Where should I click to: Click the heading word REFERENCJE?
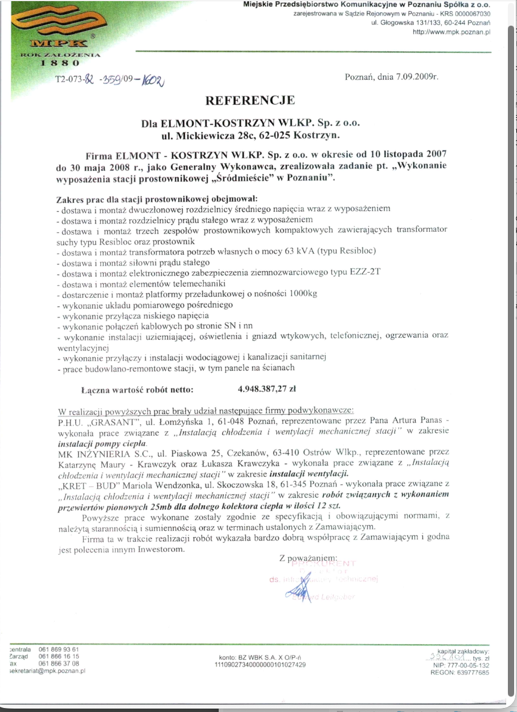(251, 101)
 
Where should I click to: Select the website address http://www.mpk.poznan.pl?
(451, 32)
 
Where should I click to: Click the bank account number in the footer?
(260, 665)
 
